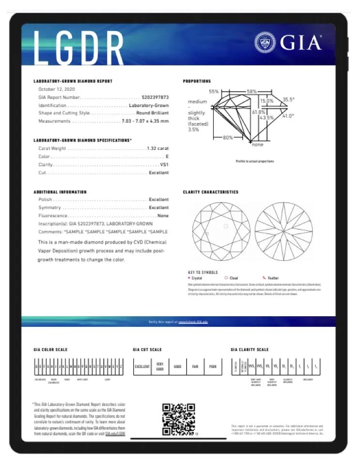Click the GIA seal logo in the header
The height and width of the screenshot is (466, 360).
click(x=265, y=43)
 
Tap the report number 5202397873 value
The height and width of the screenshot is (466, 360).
click(x=155, y=97)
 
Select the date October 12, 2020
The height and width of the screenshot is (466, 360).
click(x=58, y=90)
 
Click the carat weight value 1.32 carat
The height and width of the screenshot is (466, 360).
click(x=157, y=148)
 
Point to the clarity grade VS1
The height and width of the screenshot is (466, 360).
click(x=164, y=165)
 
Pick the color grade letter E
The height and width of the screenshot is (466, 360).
click(x=167, y=157)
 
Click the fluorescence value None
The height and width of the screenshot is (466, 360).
click(x=163, y=215)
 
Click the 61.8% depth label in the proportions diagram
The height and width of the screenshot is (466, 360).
click(x=258, y=112)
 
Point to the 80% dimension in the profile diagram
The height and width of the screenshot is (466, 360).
click(x=227, y=137)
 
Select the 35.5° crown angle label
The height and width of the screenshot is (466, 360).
click(x=289, y=99)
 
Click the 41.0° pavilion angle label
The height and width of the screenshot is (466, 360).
click(x=288, y=116)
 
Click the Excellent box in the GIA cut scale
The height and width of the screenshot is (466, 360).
click(x=142, y=367)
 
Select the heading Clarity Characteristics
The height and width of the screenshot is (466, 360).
click(x=210, y=192)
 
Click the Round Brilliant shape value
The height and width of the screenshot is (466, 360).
click(x=152, y=113)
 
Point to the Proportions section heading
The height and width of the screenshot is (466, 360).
click(x=197, y=81)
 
